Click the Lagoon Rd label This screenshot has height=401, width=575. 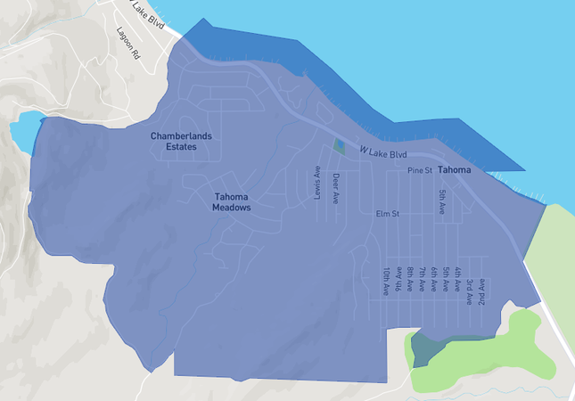pos(129,43)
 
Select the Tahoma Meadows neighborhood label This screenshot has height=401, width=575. pos(231,201)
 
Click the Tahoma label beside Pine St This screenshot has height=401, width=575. pos(454,169)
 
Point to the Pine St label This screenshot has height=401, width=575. pos(420,169)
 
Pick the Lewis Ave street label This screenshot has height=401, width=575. pos(317,181)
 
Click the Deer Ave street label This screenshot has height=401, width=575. pos(336,188)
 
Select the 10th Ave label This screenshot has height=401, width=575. pos(386,281)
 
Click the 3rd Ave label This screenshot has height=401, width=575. pos(469,286)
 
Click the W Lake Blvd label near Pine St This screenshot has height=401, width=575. pos(383,153)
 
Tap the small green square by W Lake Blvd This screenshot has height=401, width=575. pos(339,145)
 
